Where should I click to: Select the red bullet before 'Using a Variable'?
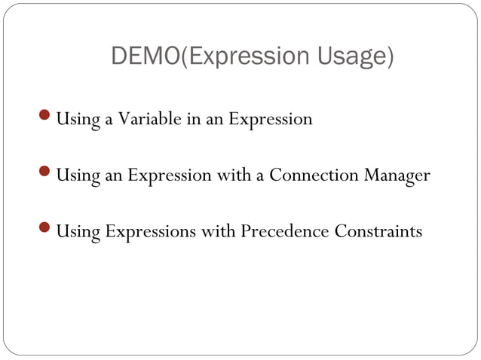coord(47,117)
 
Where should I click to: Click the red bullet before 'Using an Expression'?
coord(47,173)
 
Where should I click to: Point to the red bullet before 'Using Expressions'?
coord(47,229)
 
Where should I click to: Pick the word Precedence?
coord(285,231)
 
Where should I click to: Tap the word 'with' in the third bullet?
coord(218,231)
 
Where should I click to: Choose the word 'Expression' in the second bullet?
coord(170,176)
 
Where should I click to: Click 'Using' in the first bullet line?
coord(75,120)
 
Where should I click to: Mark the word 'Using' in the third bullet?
coord(75,232)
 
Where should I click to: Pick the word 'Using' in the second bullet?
coord(75,176)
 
